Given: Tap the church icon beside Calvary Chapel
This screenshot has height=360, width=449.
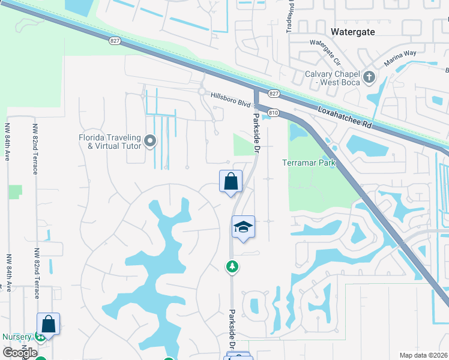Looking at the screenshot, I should coord(369,77).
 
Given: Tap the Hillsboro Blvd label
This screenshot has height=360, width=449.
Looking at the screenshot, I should coord(231,100).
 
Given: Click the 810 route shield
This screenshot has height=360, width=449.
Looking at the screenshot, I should coord(274,112).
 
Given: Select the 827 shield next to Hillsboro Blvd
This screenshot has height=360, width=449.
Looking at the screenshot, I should coord(274,94).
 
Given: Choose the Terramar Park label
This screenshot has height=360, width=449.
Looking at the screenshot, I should coord(309,163).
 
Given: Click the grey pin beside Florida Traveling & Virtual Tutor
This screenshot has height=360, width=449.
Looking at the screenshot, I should coord(150,142).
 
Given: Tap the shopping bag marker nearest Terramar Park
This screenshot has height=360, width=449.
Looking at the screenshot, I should coord(231,181).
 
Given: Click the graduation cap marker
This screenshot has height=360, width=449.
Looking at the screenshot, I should coord(243,227).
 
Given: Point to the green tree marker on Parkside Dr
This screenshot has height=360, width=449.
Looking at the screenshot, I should coord(232,266).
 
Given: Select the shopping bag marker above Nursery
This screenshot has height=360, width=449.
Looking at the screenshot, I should coord(49,324).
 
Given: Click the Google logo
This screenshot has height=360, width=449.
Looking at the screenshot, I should coord(20,353).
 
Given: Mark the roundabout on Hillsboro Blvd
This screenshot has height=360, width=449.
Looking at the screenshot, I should coord(202,92).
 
